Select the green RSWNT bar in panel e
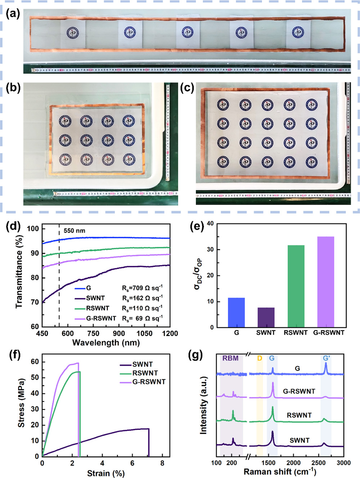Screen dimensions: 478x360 [x=296, y=286]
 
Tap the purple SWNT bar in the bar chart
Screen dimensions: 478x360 [x=266, y=317]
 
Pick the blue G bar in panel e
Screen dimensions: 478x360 [x=237, y=312]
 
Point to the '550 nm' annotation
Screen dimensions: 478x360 [x=75, y=231]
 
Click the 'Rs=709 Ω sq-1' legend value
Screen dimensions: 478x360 [x=142, y=288]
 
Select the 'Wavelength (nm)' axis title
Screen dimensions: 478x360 [x=106, y=342]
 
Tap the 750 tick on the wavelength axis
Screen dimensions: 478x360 [x=93, y=333]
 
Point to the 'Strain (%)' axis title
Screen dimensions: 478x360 [x=106, y=473]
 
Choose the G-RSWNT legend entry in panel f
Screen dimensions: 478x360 [x=149, y=382]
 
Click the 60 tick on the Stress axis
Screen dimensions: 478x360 [x=35, y=362]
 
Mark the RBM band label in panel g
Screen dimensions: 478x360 [x=230, y=358]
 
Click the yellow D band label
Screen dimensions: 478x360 [x=260, y=358]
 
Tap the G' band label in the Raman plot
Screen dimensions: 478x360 [x=326, y=358]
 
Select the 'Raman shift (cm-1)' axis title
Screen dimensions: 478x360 [x=280, y=472]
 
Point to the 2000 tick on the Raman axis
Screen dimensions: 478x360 [x=293, y=463]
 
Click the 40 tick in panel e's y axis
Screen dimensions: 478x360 [x=210, y=224]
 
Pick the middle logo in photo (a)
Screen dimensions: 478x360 [x=187, y=33]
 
